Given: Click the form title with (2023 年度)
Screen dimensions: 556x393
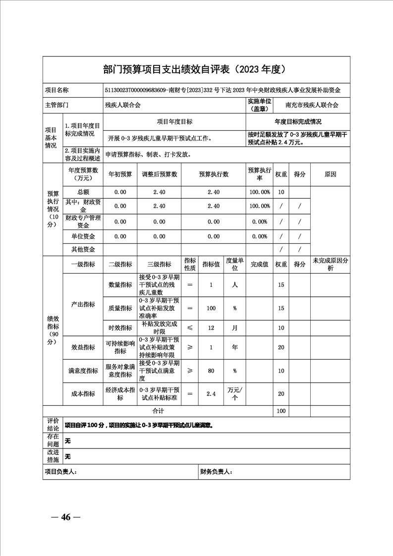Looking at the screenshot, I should [x=196, y=69].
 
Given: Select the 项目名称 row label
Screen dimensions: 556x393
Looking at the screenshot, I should [x=57, y=91].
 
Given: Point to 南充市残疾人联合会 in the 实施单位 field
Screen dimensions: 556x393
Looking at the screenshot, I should [x=312, y=105].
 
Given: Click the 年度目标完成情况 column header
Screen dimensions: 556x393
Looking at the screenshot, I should [x=298, y=121].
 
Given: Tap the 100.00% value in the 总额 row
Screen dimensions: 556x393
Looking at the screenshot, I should [x=259, y=192].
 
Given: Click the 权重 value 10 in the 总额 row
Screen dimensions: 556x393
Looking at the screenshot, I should [x=281, y=192].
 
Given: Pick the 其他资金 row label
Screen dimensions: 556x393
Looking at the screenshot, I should [x=83, y=249].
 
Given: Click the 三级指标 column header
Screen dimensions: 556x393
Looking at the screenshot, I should [x=159, y=264].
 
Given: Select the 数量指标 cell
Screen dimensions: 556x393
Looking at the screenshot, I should [x=120, y=285].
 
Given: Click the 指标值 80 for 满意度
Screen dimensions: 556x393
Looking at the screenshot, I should [x=211, y=371].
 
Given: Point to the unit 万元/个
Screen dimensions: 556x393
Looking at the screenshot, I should [x=235, y=393].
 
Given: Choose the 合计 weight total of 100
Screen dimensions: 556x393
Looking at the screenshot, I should [x=281, y=411].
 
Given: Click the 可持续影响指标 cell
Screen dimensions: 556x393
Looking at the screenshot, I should [x=120, y=347].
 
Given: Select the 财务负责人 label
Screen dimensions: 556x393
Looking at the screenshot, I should [x=216, y=472].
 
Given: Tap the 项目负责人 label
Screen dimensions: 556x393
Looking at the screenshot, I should [x=61, y=472].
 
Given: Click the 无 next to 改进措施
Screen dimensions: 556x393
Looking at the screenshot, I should [x=68, y=456].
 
